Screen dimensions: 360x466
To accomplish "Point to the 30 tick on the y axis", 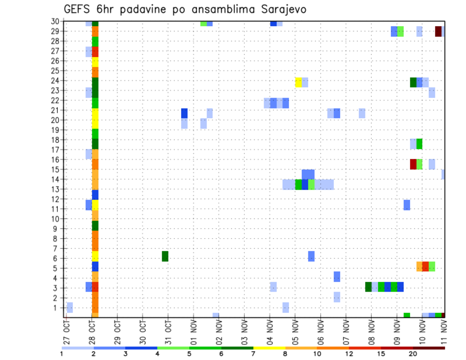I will click(x=55, y=21).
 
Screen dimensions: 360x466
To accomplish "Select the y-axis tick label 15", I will click(x=55, y=169).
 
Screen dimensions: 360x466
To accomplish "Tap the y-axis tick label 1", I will click(x=57, y=308).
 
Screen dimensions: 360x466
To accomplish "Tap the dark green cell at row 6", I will click(x=165, y=256).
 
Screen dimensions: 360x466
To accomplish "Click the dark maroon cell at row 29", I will click(x=438, y=31).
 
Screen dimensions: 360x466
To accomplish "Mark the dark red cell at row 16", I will click(x=413, y=164).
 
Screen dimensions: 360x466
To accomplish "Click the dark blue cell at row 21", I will click(x=184, y=113).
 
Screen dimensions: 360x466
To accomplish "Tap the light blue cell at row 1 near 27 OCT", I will click(x=70, y=307).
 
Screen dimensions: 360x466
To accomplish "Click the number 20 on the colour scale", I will click(x=413, y=354).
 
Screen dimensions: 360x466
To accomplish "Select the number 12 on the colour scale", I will click(x=349, y=354).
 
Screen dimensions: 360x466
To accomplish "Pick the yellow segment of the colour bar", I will click(x=269, y=347).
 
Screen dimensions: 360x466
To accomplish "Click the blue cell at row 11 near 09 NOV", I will click(x=407, y=205).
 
